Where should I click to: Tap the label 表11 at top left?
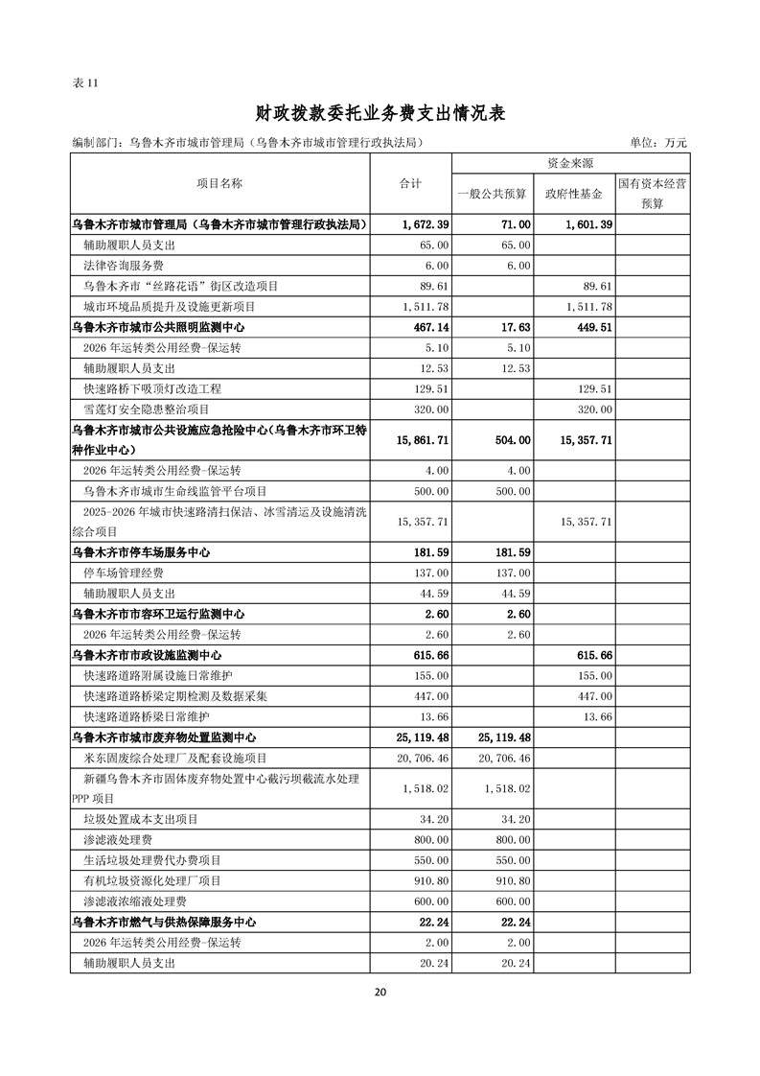click(85, 82)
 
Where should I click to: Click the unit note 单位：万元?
click(658, 143)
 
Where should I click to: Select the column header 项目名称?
click(219, 183)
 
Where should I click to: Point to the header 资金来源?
click(573, 163)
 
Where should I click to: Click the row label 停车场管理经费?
click(124, 573)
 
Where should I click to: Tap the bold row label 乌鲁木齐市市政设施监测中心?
click(148, 655)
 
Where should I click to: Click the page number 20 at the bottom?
click(380, 992)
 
